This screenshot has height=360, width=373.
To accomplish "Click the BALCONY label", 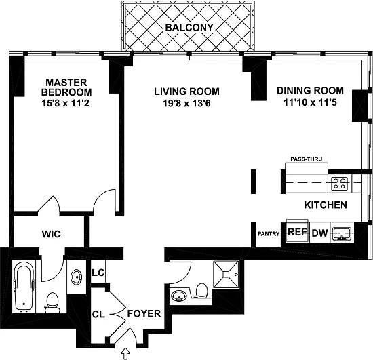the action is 189,28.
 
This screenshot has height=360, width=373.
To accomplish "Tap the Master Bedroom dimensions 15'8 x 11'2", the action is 65,104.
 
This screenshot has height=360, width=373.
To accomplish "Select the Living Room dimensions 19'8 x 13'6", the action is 186,104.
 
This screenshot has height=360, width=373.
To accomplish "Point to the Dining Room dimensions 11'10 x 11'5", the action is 310,102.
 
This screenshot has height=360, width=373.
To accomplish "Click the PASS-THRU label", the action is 307,159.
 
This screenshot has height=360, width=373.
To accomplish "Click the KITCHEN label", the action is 326,205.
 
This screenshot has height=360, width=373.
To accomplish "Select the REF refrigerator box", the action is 297,231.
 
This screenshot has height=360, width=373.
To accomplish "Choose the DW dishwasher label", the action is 319,233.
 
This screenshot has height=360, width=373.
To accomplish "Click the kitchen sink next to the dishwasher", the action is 342,233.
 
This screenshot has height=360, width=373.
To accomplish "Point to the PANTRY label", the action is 269,234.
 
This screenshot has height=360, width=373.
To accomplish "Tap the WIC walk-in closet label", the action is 52,234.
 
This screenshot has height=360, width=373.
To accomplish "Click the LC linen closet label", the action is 98,273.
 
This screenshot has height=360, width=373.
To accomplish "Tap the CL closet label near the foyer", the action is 98,315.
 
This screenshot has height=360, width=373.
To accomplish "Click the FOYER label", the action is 144,314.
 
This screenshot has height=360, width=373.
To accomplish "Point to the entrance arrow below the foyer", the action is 126,354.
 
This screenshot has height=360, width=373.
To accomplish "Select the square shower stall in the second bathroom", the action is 226,274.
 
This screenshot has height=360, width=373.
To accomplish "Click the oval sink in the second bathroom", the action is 179,296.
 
